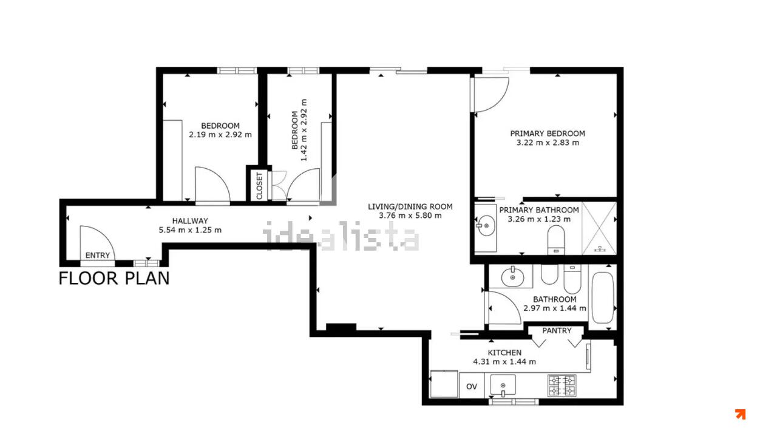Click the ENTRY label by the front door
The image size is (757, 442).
(x=98, y=256)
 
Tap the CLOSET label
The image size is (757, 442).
(x=260, y=186)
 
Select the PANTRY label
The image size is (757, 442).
(x=557, y=330)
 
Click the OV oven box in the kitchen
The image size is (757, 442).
(x=472, y=386)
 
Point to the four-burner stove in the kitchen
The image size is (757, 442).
(x=562, y=385)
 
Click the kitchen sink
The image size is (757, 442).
(x=503, y=385)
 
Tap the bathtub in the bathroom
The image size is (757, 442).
(x=603, y=297)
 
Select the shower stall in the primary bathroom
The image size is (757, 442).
(x=599, y=228)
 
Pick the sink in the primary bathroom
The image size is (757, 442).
(x=486, y=225)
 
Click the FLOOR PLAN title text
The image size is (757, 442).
(x=114, y=279)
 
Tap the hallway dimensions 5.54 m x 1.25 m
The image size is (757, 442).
(x=190, y=230)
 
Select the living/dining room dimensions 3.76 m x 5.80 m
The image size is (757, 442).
(x=410, y=216)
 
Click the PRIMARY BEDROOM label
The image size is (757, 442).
(x=548, y=134)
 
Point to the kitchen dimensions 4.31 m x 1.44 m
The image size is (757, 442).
(x=504, y=362)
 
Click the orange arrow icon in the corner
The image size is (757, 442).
(x=740, y=414)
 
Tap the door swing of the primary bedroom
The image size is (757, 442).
(x=501, y=101)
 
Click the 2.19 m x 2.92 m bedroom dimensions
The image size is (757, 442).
(x=220, y=135)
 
